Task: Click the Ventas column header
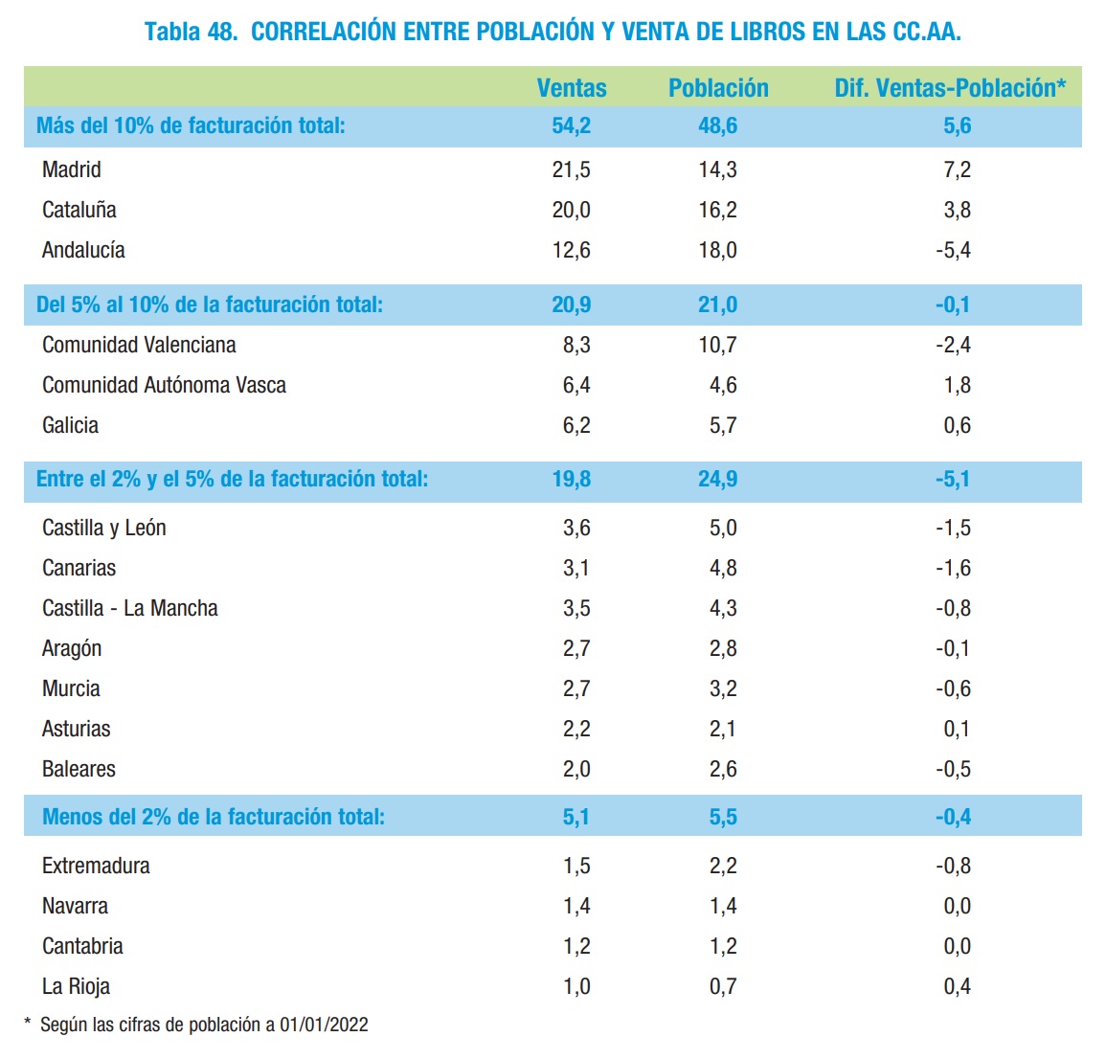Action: click(572, 88)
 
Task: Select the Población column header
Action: click(718, 88)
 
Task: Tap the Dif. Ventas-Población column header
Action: click(950, 88)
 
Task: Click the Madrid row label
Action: click(72, 169)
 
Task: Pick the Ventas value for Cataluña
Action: click(572, 210)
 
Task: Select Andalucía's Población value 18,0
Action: click(718, 250)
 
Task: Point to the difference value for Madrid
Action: click(958, 169)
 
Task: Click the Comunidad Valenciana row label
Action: click(139, 345)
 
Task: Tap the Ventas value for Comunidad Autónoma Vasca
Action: click(576, 385)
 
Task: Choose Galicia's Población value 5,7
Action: click(723, 425)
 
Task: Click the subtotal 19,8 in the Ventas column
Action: click(572, 479)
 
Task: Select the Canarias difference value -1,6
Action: click(954, 568)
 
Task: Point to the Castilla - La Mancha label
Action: click(130, 608)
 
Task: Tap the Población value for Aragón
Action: click(723, 648)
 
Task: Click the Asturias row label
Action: click(77, 729)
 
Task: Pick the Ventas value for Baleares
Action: click(576, 769)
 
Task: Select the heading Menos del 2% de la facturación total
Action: click(214, 817)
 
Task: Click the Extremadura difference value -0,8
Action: click(954, 866)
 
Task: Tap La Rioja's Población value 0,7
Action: click(723, 986)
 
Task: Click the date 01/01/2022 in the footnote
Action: click(324, 1025)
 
